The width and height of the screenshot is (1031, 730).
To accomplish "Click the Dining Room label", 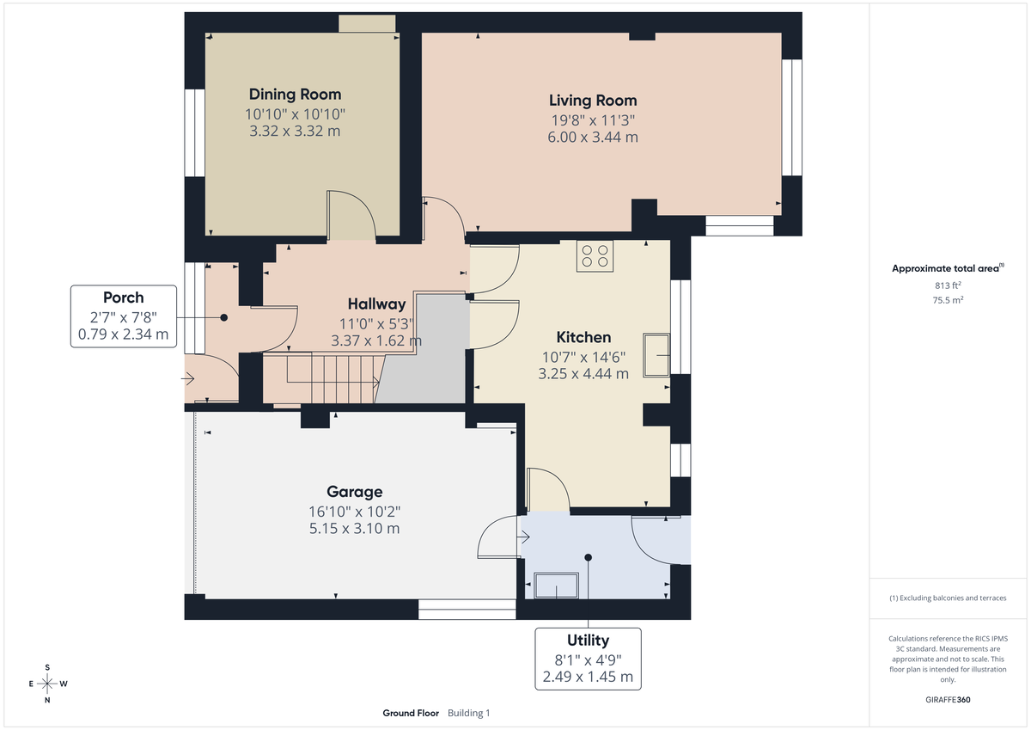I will [x=295, y=95].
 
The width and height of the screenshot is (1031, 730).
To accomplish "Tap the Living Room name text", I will [x=593, y=101].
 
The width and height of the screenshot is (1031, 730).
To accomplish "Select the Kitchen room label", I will [x=583, y=337].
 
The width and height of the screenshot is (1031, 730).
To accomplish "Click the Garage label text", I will [x=354, y=492].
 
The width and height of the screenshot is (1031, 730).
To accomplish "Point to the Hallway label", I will [x=376, y=304].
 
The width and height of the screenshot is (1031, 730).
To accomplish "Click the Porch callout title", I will [x=124, y=298].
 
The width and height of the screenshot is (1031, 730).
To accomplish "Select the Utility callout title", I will [x=588, y=640].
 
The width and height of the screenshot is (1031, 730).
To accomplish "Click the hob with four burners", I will [x=595, y=255].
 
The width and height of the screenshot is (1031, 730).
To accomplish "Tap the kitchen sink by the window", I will [x=657, y=355].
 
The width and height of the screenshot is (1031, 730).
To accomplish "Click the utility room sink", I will [x=556, y=586].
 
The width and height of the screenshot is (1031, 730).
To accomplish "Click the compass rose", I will [x=47, y=684].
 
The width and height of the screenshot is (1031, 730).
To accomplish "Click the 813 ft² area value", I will [x=948, y=285].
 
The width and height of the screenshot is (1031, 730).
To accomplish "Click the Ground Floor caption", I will [x=411, y=713].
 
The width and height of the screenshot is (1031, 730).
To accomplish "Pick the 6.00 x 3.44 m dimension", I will [x=594, y=138].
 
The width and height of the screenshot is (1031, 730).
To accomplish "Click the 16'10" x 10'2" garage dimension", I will [x=354, y=512].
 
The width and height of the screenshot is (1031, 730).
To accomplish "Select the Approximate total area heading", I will [x=946, y=269].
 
